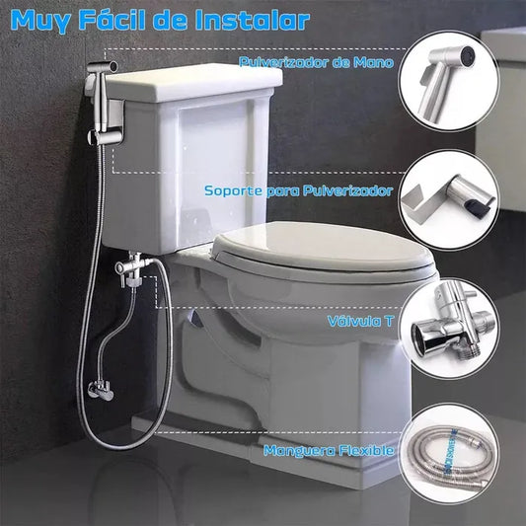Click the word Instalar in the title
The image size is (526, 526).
[253, 21]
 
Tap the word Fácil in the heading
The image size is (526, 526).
[113, 21]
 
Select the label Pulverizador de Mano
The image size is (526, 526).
[317, 62]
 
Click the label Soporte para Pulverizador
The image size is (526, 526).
[299, 190]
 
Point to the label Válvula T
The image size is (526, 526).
[360, 321]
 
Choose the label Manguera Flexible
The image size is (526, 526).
[329, 450]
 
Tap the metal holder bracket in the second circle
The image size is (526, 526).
[423, 200]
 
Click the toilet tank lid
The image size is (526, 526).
[193, 83]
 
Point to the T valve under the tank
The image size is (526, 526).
[131, 267]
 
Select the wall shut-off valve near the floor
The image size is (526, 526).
[101, 390]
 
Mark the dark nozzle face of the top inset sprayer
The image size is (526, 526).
[467, 55]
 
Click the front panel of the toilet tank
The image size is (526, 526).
[215, 168]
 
